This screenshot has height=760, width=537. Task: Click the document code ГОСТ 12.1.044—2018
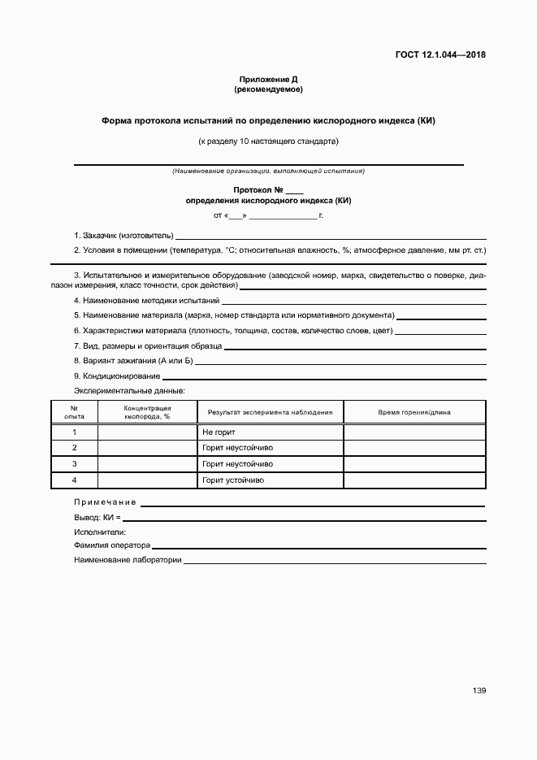click(x=440, y=55)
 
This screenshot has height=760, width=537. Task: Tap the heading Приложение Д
click(x=269, y=79)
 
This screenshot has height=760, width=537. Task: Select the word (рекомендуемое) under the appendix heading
click(x=269, y=89)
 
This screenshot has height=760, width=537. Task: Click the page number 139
click(x=479, y=691)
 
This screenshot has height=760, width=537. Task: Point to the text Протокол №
click(x=262, y=190)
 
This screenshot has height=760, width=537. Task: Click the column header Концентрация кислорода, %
click(x=147, y=411)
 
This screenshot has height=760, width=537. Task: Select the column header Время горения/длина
click(x=414, y=412)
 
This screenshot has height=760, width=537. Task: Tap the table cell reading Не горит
click(x=219, y=432)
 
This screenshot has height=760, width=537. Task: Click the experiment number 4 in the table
click(x=74, y=480)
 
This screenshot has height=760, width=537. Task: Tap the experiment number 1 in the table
click(x=74, y=432)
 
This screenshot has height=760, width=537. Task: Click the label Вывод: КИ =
click(x=97, y=517)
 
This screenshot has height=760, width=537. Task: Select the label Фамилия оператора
click(x=112, y=545)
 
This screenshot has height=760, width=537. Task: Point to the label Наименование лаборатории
click(x=128, y=560)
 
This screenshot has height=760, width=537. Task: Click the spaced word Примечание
click(x=105, y=502)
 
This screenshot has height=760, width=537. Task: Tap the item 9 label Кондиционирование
click(x=117, y=376)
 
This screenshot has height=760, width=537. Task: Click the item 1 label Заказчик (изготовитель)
click(x=123, y=235)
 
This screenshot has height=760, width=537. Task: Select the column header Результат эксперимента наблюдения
click(x=271, y=412)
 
